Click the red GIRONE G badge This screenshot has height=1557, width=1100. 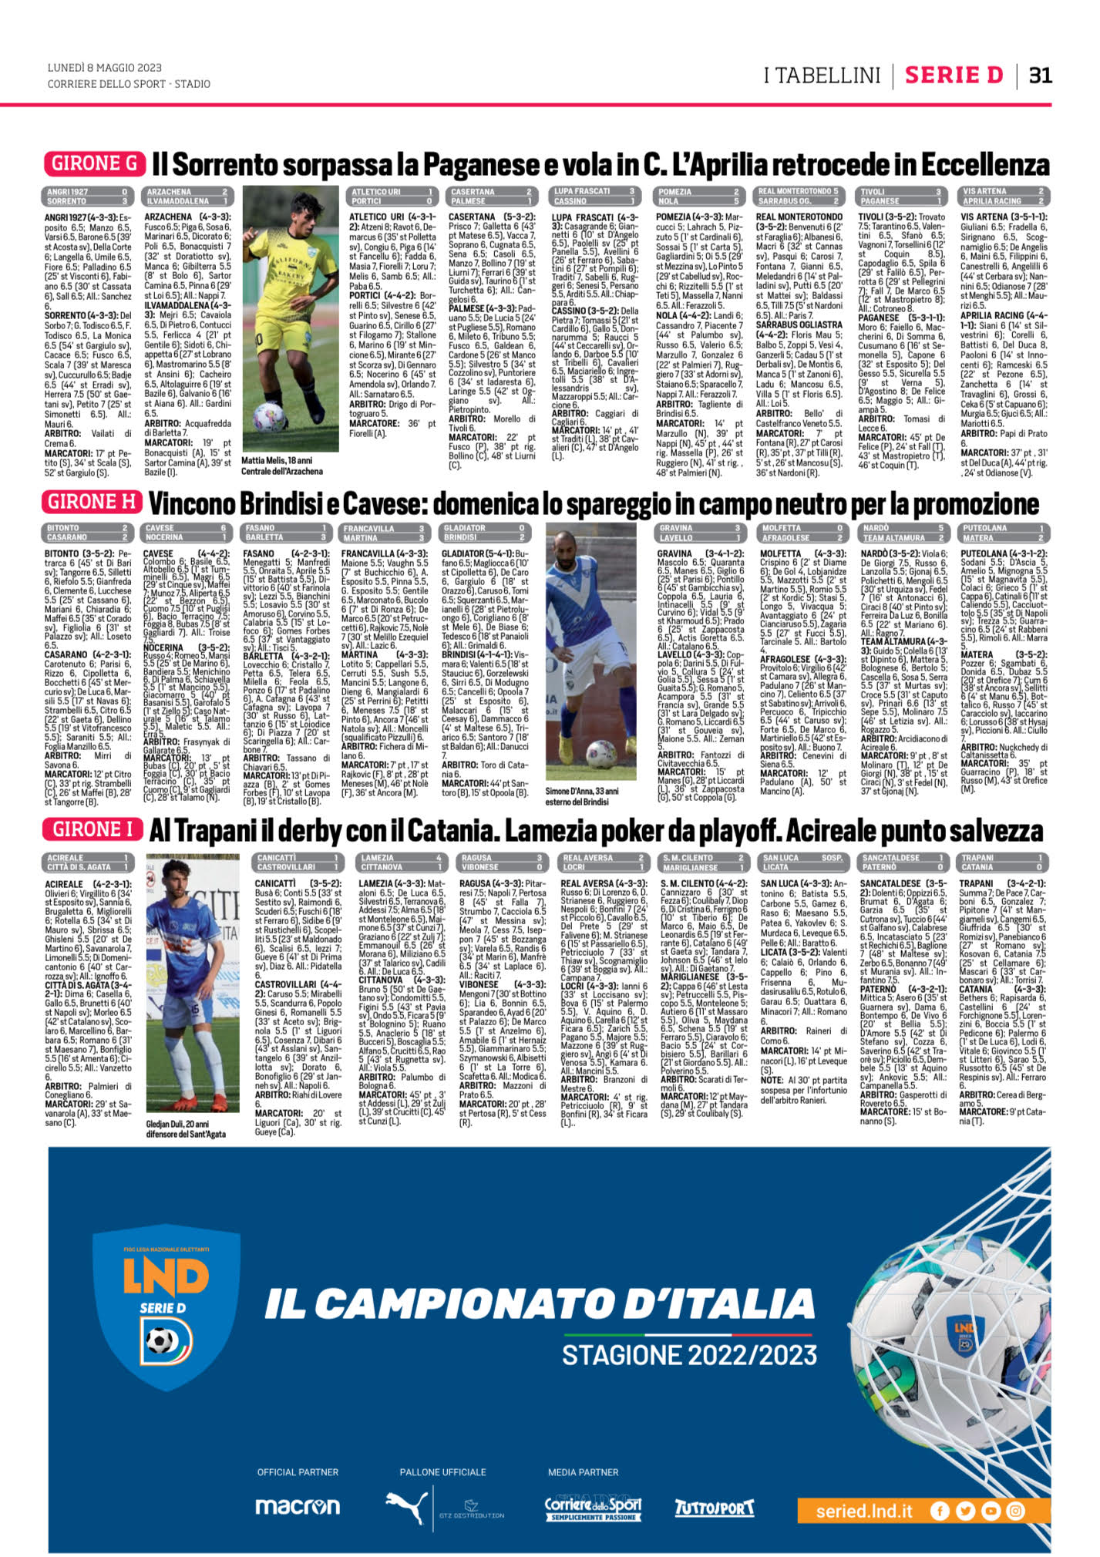(95, 163)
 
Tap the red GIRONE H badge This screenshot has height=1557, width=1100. (93, 502)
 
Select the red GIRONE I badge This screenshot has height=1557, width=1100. (93, 829)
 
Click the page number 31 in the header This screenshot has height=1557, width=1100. (1041, 75)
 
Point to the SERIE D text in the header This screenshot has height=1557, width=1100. (954, 75)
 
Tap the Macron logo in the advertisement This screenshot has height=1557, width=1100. (298, 1505)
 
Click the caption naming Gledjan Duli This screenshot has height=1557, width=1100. (186, 1129)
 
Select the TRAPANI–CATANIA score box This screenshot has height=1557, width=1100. (1001, 862)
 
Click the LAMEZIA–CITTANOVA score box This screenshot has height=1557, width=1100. (401, 862)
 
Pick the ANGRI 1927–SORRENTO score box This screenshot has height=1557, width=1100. (86, 196)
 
